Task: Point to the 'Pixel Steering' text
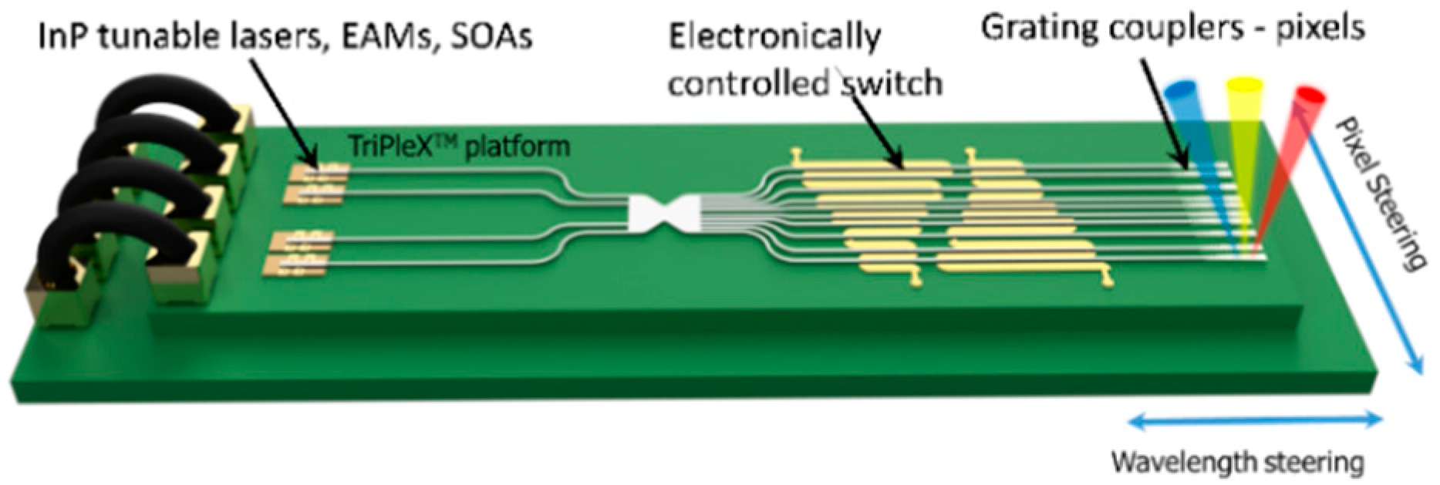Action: pyautogui.click(x=1381, y=193)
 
